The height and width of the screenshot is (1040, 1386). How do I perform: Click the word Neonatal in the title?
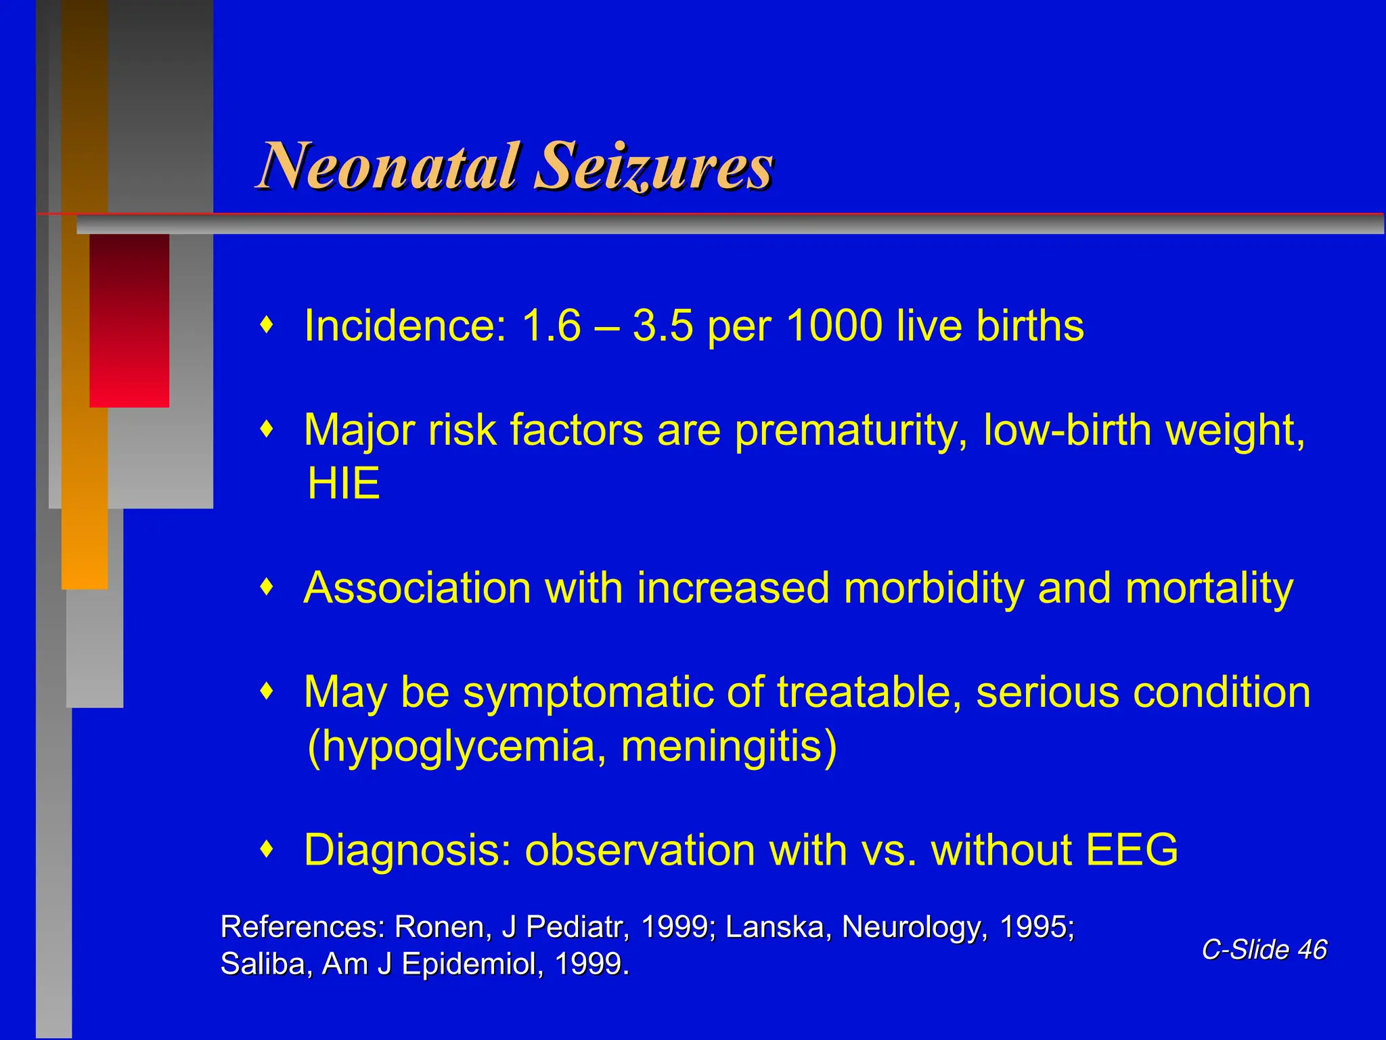pyautogui.click(x=389, y=166)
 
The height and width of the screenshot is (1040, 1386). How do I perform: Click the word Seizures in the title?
pyautogui.click(x=653, y=166)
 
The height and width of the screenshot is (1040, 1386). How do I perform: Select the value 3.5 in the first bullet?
pyautogui.click(x=663, y=326)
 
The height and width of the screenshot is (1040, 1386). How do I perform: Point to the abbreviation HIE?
pyautogui.click(x=343, y=483)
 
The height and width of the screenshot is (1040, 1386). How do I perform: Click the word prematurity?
pyautogui.click(x=851, y=431)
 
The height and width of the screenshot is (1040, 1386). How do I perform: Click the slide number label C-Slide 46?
pyautogui.click(x=1264, y=949)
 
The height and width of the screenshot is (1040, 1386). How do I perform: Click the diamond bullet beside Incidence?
pyautogui.click(x=268, y=326)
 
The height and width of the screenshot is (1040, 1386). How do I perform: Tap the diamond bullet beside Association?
pyautogui.click(x=268, y=587)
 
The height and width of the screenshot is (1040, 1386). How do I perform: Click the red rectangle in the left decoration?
pyautogui.click(x=129, y=320)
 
